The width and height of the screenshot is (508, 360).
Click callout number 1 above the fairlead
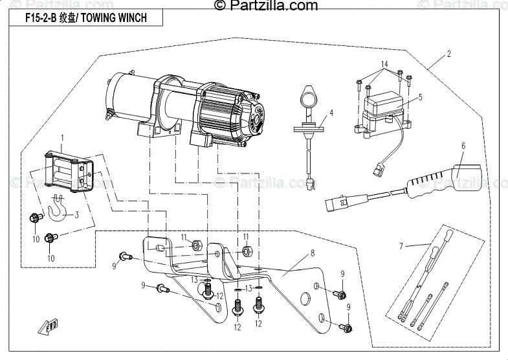click(62, 138)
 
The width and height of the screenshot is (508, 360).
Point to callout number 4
click(331, 113)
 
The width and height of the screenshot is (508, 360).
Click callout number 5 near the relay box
click(420, 97)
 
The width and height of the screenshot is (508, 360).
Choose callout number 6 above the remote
click(463, 146)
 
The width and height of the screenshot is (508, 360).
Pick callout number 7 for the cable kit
click(401, 245)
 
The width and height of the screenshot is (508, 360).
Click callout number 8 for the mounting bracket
click(312, 253)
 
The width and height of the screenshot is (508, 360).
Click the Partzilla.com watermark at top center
click(265, 6)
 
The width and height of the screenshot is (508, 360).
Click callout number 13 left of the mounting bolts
click(194, 279)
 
